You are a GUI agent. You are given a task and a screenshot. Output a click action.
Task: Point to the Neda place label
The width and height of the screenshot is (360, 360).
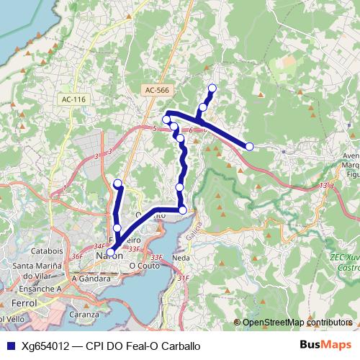[181, 256]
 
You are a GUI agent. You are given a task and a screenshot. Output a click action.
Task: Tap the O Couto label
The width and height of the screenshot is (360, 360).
[143, 265]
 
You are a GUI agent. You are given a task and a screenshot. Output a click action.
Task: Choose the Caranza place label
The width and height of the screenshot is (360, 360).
[84, 315]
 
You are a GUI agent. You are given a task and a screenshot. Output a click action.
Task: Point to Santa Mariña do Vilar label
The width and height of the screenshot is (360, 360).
[45, 265]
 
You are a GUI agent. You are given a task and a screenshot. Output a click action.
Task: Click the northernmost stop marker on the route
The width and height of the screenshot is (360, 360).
[212, 89]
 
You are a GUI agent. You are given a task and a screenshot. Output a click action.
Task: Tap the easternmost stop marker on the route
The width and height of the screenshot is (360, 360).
[249, 146]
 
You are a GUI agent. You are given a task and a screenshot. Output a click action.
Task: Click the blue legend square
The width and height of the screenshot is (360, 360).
[11, 346]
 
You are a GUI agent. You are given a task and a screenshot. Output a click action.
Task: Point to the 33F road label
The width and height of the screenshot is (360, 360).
[156, 257]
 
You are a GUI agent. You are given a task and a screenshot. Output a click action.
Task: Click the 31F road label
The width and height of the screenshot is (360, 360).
[184, 277]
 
